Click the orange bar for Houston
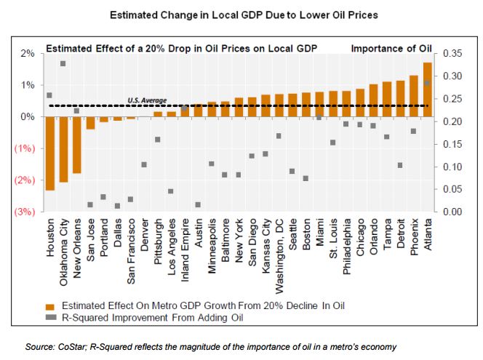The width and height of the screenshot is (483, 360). click(x=49, y=153)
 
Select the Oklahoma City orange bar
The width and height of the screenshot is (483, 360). click(x=63, y=149)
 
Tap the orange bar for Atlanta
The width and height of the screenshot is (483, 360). click(x=427, y=89)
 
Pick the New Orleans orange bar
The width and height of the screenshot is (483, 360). click(x=76, y=145)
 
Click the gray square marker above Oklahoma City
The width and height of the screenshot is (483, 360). click(x=63, y=64)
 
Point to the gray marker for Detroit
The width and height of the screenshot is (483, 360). click(x=400, y=166)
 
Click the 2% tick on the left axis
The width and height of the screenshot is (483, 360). click(x=28, y=53)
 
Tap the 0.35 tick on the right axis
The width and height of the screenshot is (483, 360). click(x=452, y=53)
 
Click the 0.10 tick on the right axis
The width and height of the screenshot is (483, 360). click(x=452, y=167)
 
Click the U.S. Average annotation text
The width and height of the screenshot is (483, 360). click(x=147, y=100)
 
